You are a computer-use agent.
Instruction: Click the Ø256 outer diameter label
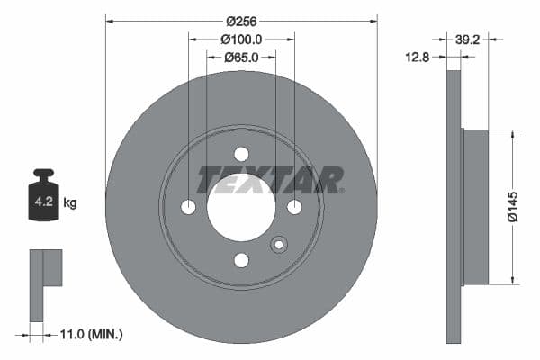[x=241, y=20]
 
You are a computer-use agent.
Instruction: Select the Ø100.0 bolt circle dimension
[x=241, y=39]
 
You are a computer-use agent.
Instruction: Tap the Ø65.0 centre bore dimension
[x=241, y=58]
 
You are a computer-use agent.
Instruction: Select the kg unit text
[x=69, y=202]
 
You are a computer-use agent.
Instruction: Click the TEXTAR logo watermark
[x=270, y=180]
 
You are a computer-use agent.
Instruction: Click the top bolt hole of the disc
[x=241, y=154]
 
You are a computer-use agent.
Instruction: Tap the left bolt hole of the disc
[x=188, y=207]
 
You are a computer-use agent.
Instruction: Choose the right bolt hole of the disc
[x=294, y=207]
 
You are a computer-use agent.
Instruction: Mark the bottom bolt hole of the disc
[x=241, y=260]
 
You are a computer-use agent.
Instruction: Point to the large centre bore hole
[x=241, y=207]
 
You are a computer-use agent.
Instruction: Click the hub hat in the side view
[x=474, y=207]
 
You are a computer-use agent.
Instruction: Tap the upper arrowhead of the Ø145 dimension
[x=513, y=134]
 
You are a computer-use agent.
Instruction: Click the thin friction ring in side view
[x=453, y=207]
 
